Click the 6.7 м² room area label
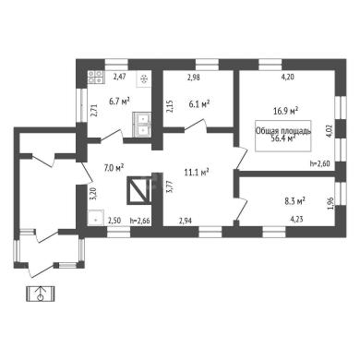tap(119, 102)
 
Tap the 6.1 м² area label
tap(199, 104)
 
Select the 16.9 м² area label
tap(286, 111)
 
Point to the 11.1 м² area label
tap(197, 173)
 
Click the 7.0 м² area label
tap(114, 167)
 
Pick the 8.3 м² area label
tap(294, 201)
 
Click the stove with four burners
tap(96, 77)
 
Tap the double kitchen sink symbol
tap(142, 125)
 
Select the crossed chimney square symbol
tap(138, 190)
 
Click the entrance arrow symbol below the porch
tap(41, 294)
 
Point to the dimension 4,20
tap(288, 78)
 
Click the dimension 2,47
tap(119, 77)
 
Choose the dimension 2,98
tap(194, 78)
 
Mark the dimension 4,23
tap(297, 220)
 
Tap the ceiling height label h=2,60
tap(320, 163)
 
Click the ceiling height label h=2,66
tap(140, 221)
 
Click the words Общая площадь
tap(283, 131)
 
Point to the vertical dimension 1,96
tap(330, 204)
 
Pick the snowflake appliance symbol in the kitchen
tap(144, 80)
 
